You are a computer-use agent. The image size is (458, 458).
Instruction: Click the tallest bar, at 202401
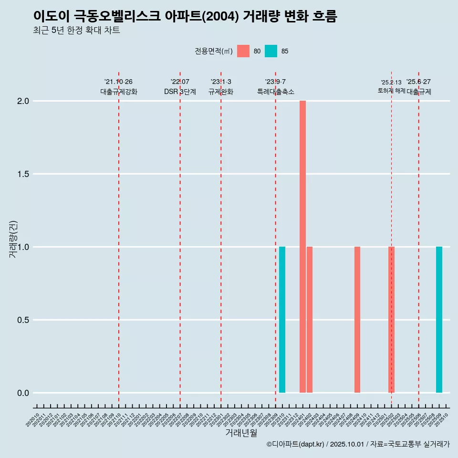point(302,247)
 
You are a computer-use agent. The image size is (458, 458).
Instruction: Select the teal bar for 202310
point(282,320)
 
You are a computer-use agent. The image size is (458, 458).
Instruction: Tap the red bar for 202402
point(310,320)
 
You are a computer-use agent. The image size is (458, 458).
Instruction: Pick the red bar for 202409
point(357,320)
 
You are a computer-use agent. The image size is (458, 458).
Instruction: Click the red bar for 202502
point(391,320)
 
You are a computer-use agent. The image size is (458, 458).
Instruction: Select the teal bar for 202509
point(439,320)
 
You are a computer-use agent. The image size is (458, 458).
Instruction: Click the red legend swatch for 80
point(243,51)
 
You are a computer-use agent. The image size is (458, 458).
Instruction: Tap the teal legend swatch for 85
point(271,51)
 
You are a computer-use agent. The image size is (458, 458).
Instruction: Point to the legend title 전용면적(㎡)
point(214,51)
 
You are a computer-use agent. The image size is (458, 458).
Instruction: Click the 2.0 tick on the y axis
point(23,101)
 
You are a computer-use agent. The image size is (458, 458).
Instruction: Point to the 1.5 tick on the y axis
point(23,174)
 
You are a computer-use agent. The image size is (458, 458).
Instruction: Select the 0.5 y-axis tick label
point(23,320)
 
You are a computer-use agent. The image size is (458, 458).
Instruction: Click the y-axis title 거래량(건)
point(13,239)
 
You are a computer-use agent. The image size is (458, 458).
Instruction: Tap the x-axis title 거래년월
point(241,433)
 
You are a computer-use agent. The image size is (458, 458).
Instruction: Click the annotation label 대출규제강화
point(119,92)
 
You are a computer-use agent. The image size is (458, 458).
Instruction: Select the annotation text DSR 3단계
point(180,92)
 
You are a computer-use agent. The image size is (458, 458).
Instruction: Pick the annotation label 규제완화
point(221,92)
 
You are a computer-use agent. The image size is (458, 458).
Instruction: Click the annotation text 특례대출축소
point(276,92)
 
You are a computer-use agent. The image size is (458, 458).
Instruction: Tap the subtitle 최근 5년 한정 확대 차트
point(76,31)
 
